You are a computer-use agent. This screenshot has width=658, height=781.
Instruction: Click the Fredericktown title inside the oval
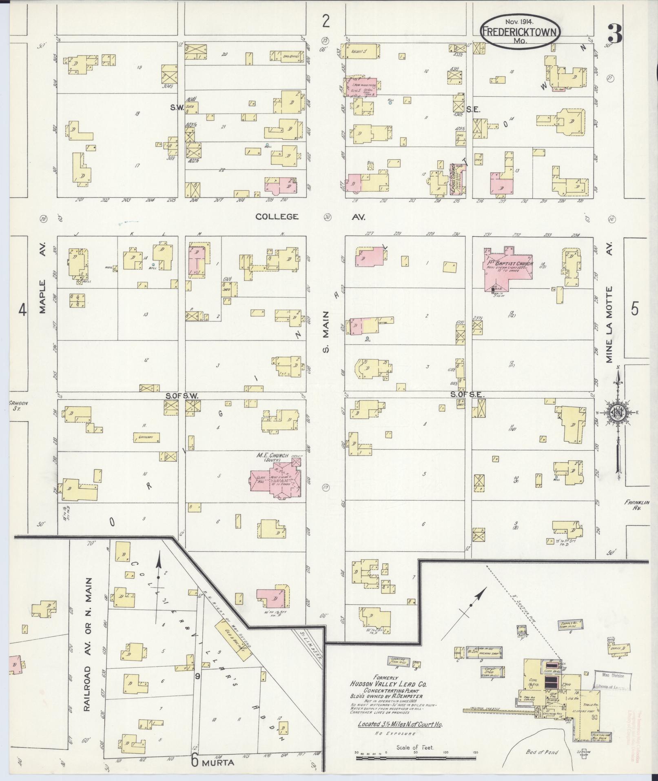[520, 32]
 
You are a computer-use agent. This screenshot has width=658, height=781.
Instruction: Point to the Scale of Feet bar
[416, 758]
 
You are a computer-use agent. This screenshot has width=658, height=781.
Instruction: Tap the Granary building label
[146, 438]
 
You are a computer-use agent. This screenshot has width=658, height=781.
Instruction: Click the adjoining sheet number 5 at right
[634, 309]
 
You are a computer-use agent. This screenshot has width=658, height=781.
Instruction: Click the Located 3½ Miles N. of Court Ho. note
[400, 725]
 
